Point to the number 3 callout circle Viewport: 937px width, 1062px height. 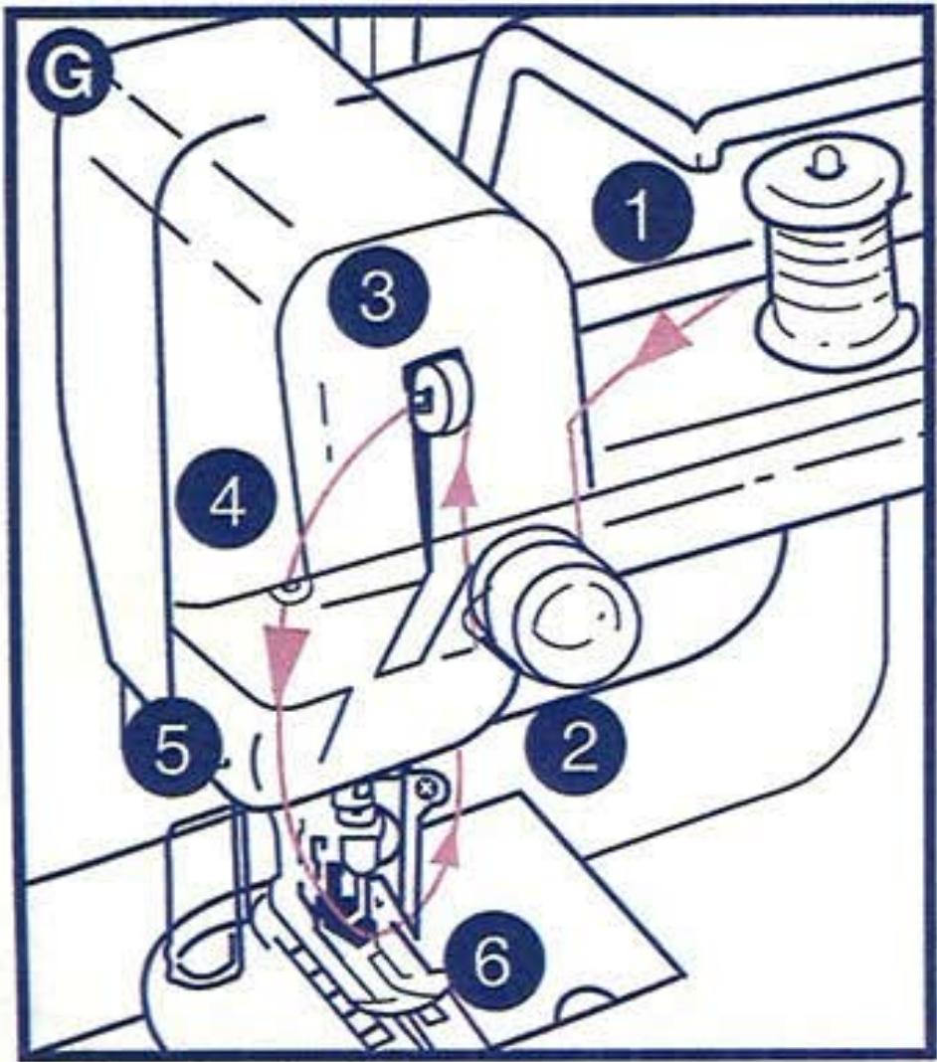pyautogui.click(x=376, y=297)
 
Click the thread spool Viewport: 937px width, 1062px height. pyautogui.click(x=837, y=268)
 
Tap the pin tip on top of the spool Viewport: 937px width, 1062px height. pyautogui.click(x=819, y=159)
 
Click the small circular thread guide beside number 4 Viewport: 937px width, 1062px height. pyautogui.click(x=291, y=591)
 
